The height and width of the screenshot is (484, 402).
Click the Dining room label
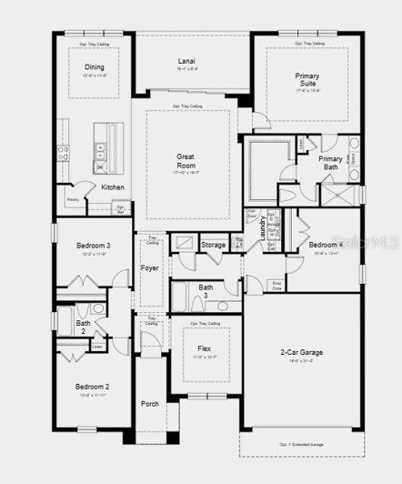click(x=95, y=67)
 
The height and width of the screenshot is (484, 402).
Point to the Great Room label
click(x=186, y=161)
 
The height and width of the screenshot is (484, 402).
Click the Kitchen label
click(x=113, y=187)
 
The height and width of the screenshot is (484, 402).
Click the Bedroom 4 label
click(x=325, y=245)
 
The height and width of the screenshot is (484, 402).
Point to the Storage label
click(x=213, y=246)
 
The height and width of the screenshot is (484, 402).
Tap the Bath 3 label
click(x=206, y=292)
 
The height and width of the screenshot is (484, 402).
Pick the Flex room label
click(x=205, y=348)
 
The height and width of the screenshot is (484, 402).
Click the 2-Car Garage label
click(x=300, y=352)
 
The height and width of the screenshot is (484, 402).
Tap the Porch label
click(x=149, y=403)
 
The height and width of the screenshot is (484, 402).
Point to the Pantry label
click(x=72, y=199)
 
